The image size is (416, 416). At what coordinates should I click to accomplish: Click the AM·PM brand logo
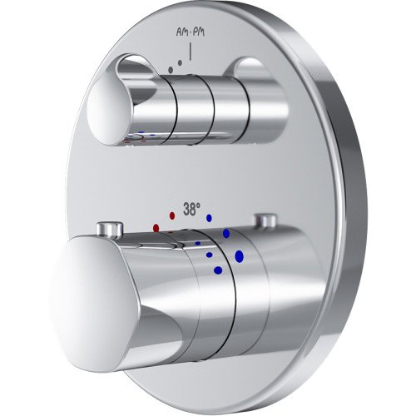tap(191, 32)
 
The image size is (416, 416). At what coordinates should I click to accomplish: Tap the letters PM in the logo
tap(198, 32)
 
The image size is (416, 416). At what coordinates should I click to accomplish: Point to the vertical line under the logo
tap(191, 52)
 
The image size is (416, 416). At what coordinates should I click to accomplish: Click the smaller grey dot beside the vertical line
tap(180, 63)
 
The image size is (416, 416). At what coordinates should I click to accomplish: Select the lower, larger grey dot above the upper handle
tap(171, 70)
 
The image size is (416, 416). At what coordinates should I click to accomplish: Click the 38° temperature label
tap(191, 209)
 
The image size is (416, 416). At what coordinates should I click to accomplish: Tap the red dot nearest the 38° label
tap(172, 215)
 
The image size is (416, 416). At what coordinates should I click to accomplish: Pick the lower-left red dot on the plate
tap(156, 228)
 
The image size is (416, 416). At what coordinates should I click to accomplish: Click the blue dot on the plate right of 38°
tap(209, 218)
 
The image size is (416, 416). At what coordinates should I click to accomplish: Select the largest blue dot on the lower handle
tap(239, 256)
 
